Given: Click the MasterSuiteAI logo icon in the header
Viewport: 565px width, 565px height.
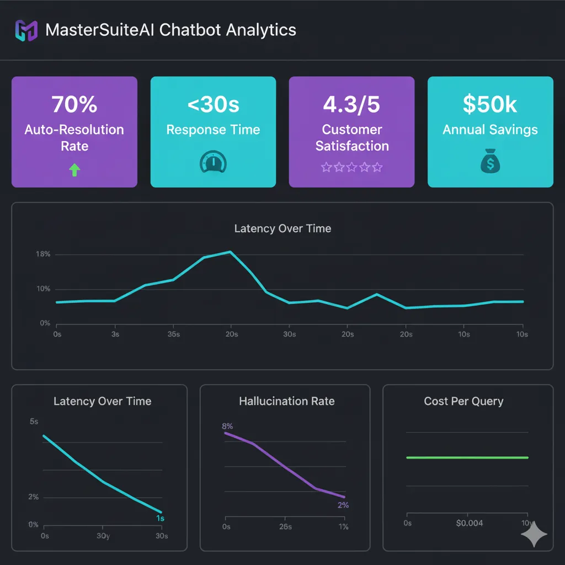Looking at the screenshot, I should click(26, 30).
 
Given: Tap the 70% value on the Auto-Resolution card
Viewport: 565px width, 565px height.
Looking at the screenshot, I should click(74, 104).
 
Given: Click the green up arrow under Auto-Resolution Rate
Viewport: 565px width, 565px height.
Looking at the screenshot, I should click(74, 170).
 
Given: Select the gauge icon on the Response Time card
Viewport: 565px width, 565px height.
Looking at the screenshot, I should click(213, 163).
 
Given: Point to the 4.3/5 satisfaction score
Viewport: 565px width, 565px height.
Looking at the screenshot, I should click(352, 104).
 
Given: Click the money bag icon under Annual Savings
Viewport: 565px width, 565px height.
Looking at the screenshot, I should click(490, 163).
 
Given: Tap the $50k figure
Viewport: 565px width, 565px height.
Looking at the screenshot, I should click(490, 104).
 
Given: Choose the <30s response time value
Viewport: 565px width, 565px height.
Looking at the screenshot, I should click(213, 104).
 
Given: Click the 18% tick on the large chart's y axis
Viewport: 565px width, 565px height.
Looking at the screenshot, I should click(43, 254).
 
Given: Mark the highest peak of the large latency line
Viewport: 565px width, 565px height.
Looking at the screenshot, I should click(230, 252).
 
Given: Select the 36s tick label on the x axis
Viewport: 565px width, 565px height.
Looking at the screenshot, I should click(173, 334).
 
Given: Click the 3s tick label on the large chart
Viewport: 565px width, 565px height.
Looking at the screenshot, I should click(115, 334).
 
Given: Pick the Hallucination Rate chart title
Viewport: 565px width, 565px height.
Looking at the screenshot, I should click(286, 401).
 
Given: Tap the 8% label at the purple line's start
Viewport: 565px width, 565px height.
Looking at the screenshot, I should click(227, 426).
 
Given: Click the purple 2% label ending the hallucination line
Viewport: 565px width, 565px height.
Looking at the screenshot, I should click(343, 505).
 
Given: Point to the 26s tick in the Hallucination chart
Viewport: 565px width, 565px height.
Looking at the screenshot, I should click(285, 527).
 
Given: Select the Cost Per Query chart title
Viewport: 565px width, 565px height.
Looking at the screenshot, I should click(463, 401).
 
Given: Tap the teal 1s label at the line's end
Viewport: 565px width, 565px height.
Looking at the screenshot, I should click(159, 519).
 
